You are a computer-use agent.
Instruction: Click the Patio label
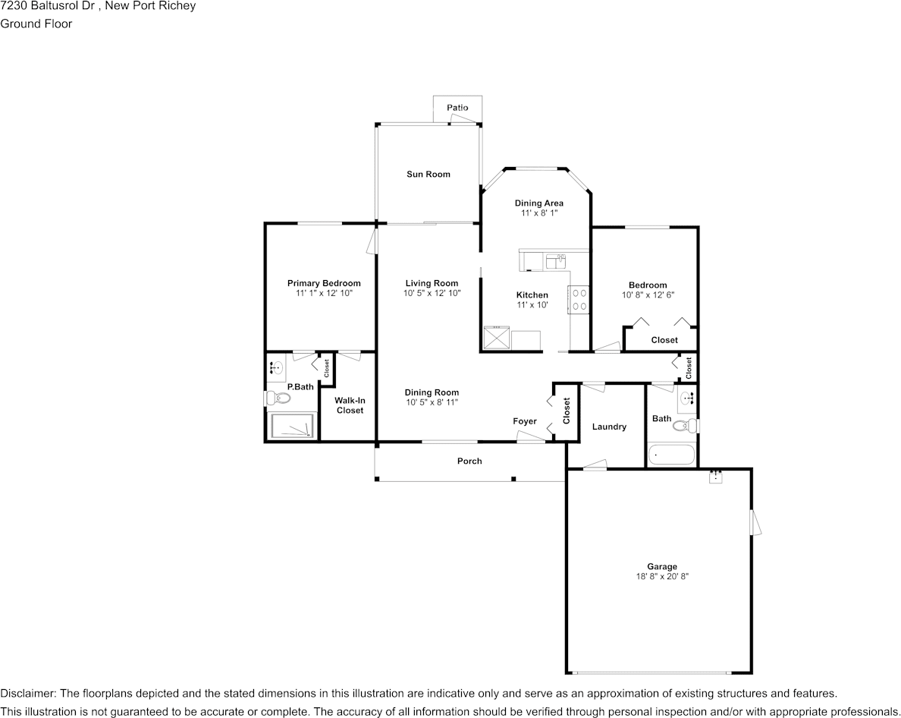pos(457,108)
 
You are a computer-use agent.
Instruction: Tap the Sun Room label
pos(429,175)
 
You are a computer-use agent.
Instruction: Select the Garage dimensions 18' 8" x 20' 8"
pos(662,577)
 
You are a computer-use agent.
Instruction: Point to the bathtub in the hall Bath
pos(672,455)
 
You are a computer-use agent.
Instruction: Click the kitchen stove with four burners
pos(579,298)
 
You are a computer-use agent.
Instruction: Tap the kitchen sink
pos(556,262)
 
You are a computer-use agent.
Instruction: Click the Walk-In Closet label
pos(350,405)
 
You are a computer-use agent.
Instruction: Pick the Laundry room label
pos(609,427)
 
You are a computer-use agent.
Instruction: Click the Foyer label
pos(525,421)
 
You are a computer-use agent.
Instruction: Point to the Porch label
pos(469,461)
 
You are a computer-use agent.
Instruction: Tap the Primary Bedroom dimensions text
pos(324,293)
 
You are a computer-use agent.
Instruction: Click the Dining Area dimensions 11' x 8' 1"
pos(539,213)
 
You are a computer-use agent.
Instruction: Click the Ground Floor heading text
pos(36,24)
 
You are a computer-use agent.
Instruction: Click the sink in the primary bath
pos(276,369)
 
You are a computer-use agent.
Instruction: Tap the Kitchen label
pos(532,295)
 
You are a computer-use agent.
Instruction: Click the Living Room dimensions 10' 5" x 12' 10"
pos(432,293)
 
